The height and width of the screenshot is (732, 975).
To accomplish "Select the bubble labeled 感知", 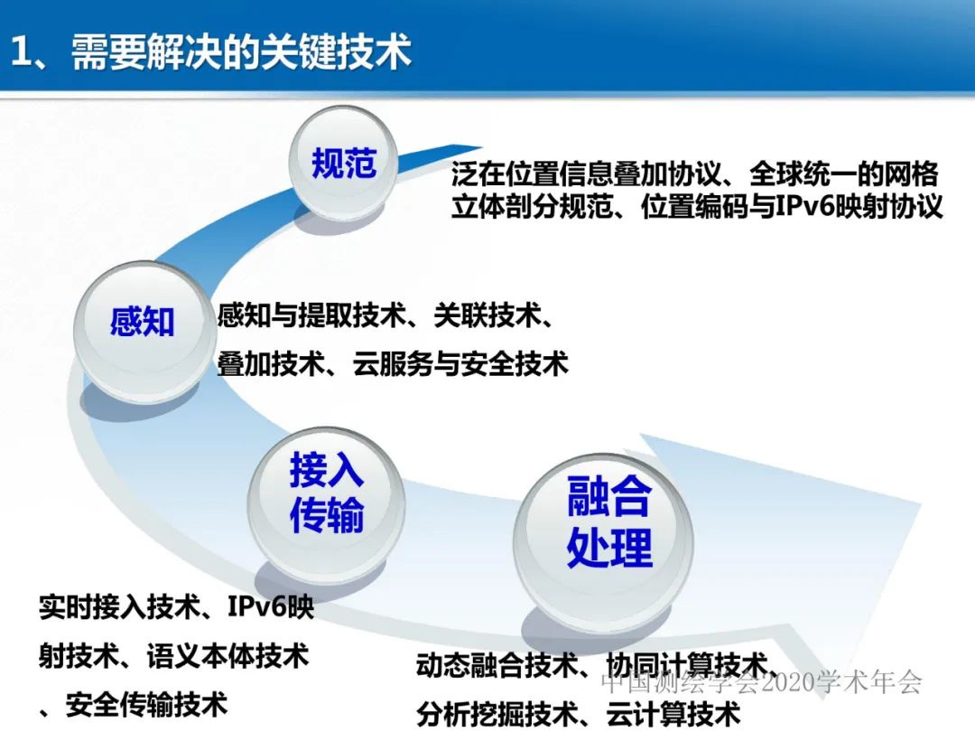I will click(142, 323).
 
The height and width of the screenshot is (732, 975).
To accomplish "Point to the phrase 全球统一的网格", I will click(843, 174).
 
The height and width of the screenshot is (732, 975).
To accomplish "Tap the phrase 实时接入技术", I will click(118, 606).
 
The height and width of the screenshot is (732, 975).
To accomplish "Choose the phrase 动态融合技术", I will click(496, 666).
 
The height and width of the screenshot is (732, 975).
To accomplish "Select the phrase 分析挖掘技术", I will click(496, 715).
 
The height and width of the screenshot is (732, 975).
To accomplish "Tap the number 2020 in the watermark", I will click(789, 682).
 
